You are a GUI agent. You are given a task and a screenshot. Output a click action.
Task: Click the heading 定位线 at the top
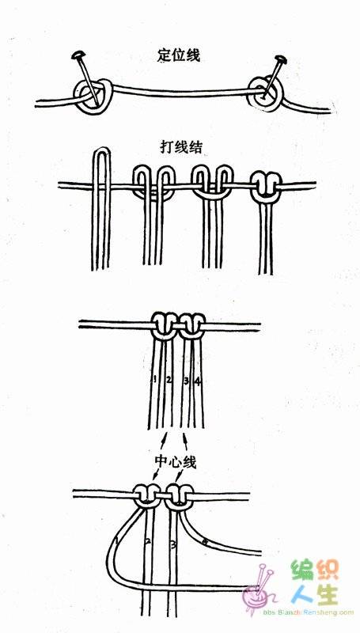click(178, 55)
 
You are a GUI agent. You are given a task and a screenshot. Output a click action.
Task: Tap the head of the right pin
click(281, 60)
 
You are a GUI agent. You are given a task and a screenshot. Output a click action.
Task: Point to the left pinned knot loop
click(92, 96)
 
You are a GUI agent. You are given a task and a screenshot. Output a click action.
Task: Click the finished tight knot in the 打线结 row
click(265, 186)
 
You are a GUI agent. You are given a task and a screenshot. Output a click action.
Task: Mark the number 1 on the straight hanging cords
click(155, 379)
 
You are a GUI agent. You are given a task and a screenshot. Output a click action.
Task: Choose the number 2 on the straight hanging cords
click(169, 379)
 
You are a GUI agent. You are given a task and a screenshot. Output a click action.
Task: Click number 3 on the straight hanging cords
click(186, 380)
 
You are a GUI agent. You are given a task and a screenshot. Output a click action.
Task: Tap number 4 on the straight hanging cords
click(197, 380)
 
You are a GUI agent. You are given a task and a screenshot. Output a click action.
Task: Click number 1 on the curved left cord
click(117, 540)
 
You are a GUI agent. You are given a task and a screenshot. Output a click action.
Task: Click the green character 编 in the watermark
click(303, 570)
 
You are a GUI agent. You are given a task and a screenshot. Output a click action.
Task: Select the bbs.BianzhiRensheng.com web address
click(309, 612)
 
